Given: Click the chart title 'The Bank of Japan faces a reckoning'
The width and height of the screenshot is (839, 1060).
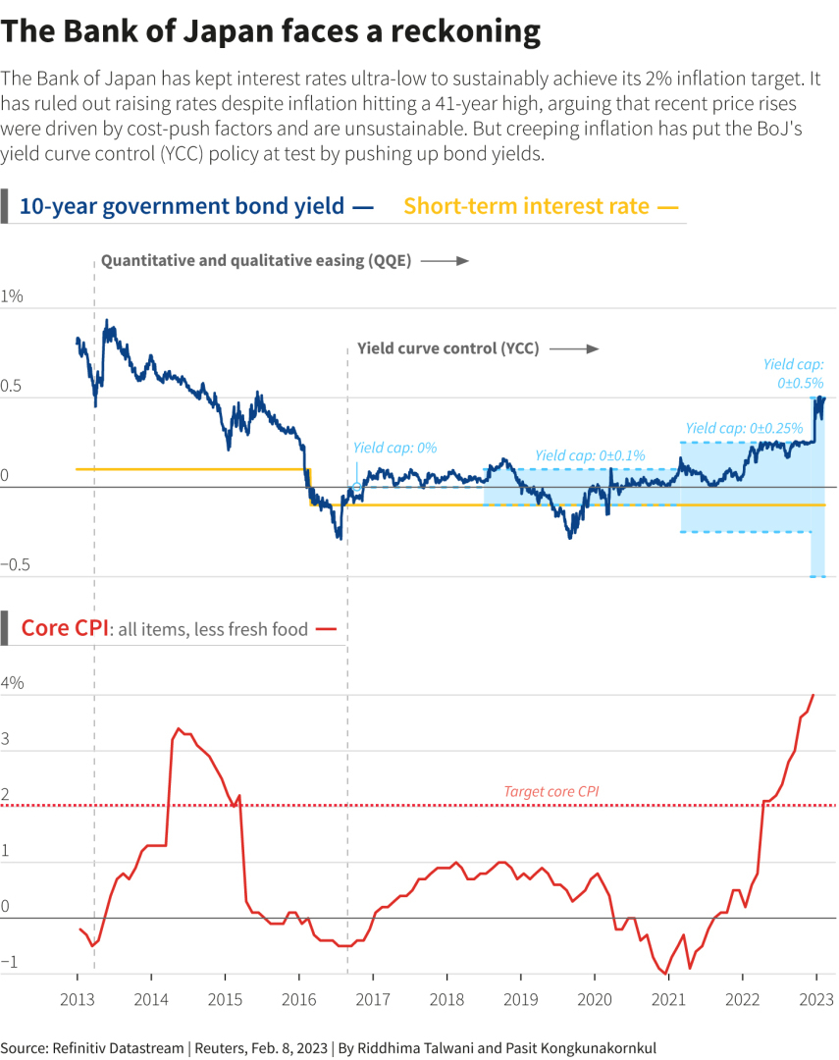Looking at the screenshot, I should point(271,31).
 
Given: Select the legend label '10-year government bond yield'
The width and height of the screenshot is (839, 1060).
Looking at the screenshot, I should point(182,206).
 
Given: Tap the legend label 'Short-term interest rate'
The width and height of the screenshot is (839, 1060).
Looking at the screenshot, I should point(527,206).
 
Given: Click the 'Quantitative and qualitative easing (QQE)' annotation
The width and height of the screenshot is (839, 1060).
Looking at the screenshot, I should point(256,261).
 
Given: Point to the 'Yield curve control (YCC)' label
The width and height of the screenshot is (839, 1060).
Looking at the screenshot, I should point(447,348).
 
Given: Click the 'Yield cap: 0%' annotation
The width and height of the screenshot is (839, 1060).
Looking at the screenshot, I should point(394,448).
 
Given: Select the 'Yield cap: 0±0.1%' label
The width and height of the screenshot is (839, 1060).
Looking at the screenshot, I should point(591,455).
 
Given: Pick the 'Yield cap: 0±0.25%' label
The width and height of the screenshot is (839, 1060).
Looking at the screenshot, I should point(744,428).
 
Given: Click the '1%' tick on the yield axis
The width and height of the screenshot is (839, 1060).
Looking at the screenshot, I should point(12,295).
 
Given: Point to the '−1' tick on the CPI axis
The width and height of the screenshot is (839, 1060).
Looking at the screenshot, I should point(10,963).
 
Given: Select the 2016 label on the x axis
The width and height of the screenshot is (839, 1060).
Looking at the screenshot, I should point(298,999).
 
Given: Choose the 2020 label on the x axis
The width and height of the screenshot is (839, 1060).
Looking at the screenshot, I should point(594,999).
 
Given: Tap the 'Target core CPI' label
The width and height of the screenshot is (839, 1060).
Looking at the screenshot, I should point(551,791).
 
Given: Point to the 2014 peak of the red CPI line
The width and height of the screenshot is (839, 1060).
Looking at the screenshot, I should point(178,729).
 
